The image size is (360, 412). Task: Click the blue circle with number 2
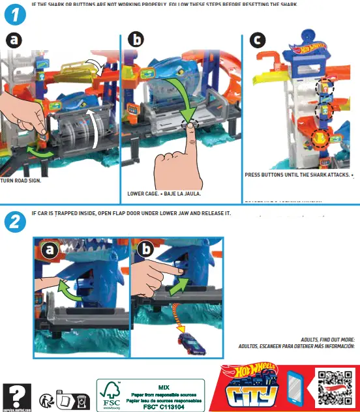[14, 222]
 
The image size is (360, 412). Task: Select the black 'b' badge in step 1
[136, 40]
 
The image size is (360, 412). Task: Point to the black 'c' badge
[258, 40]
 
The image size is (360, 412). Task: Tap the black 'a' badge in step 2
[50, 250]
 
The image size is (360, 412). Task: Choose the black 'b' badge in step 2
[146, 250]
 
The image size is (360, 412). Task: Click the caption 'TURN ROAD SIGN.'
[21, 181]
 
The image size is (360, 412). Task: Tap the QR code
[335, 387]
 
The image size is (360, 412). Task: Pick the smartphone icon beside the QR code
[296, 389]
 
